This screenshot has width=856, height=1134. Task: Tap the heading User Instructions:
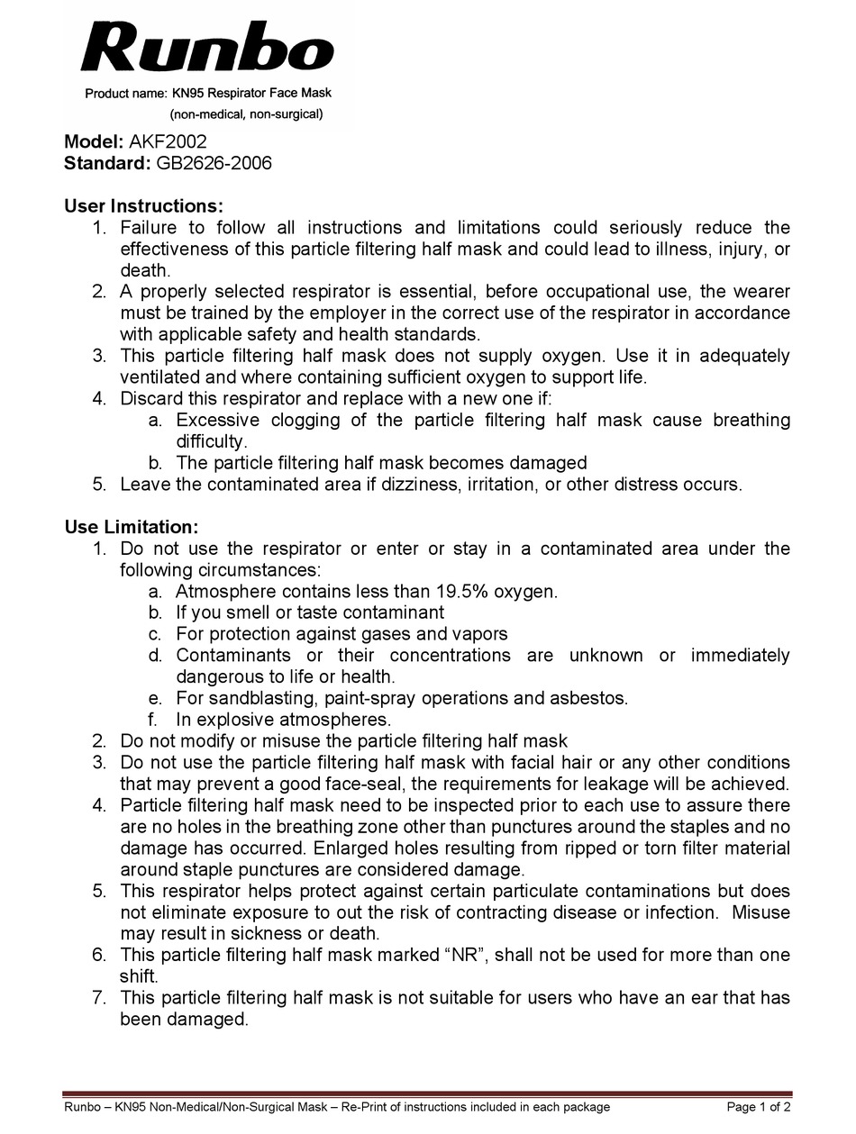143,206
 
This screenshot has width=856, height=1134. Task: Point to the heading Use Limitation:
131,527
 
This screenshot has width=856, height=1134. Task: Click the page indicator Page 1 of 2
759,1107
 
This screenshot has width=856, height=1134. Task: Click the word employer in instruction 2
333,313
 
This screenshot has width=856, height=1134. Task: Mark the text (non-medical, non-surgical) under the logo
246,114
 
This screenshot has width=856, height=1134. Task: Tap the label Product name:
126,94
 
